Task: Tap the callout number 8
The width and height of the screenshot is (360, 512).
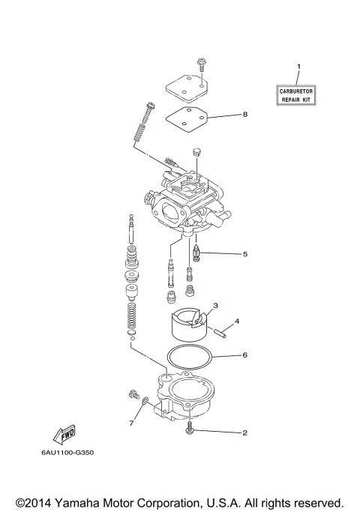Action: [x=244, y=115]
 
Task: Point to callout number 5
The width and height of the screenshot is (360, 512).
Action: [x=244, y=253]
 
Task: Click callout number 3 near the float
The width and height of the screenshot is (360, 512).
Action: [x=215, y=306]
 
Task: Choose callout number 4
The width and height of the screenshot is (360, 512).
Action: [x=237, y=321]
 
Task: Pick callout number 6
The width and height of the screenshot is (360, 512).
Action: [x=244, y=355]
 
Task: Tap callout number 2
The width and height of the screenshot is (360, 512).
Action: [x=244, y=433]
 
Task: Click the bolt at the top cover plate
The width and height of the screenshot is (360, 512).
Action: [x=202, y=66]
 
